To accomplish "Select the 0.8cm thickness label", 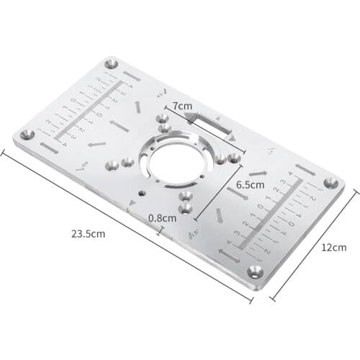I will click(x=162, y=217).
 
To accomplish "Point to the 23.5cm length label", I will click(x=89, y=234).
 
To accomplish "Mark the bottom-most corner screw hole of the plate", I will click(x=253, y=271).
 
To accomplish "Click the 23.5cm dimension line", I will click(x=122, y=223).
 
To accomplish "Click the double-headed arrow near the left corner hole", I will click(x=48, y=148).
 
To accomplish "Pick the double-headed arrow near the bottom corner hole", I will click(x=227, y=256).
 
